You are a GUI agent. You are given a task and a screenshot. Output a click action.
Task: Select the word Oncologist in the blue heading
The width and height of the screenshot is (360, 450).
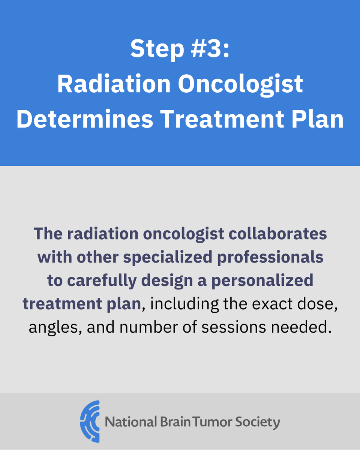click(240, 84)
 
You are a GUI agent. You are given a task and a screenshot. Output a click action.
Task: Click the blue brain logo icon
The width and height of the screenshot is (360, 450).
click(90, 421)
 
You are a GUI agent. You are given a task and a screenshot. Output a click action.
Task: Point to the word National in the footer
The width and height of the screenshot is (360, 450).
click(130, 422)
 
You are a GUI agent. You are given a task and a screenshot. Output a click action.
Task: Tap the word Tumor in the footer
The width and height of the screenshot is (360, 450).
click(213, 422)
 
